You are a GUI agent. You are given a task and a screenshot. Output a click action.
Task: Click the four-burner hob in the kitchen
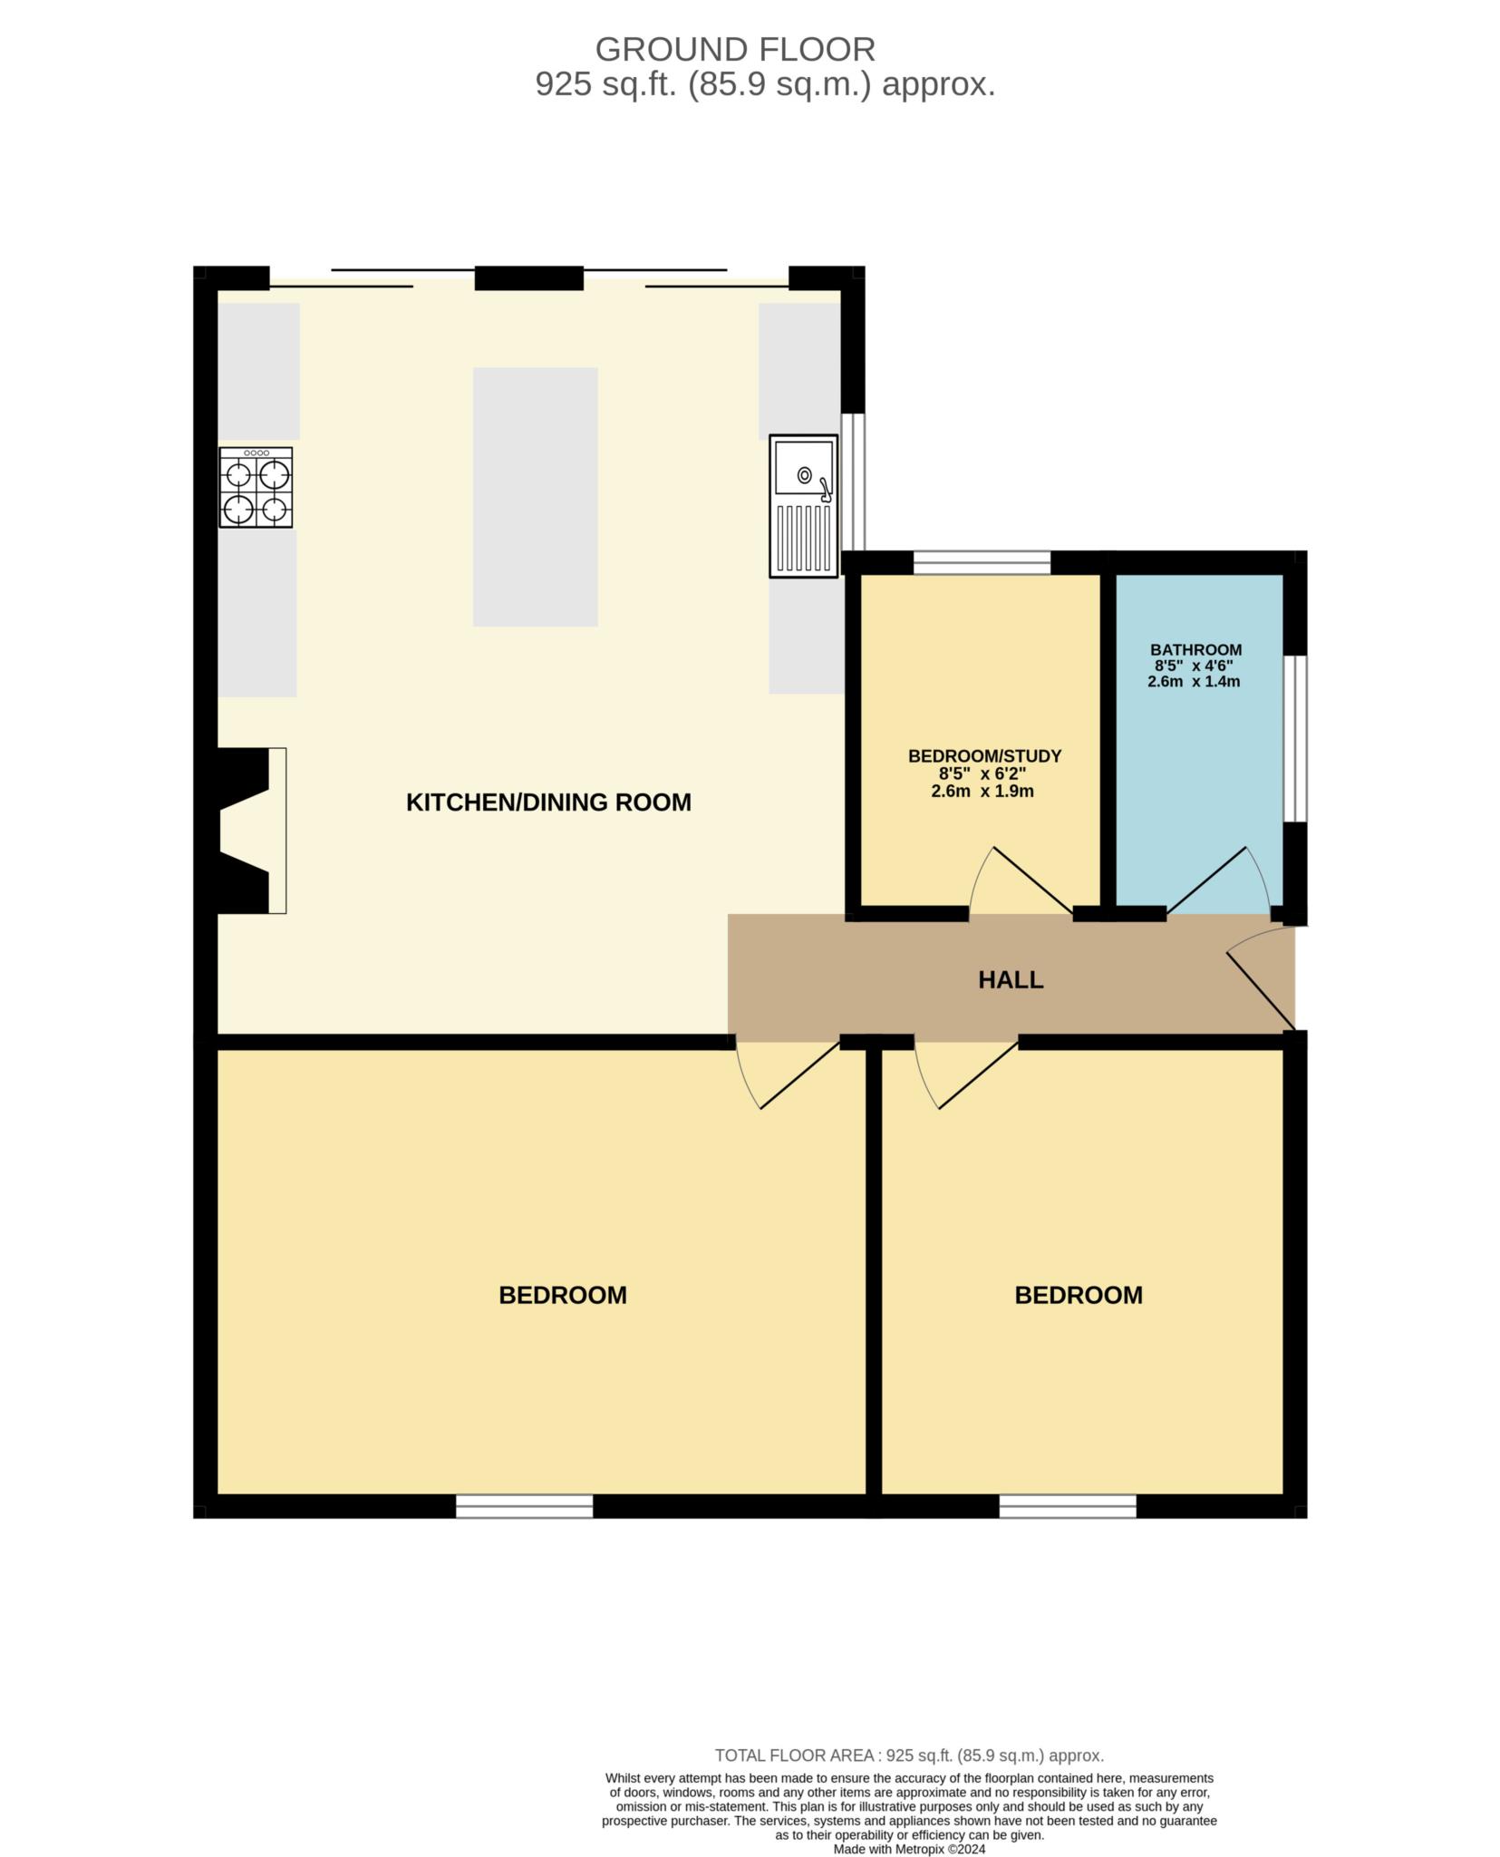256,487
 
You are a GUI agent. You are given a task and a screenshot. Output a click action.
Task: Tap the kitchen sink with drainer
803,505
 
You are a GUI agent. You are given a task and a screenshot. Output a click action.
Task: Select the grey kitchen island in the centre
535,496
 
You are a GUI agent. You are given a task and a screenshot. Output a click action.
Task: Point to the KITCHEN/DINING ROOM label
548,802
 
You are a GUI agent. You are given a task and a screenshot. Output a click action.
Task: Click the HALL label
1011,980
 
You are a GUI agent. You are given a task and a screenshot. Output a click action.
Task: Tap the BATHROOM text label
1195,649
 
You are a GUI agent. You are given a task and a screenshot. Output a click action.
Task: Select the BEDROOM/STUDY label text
984,756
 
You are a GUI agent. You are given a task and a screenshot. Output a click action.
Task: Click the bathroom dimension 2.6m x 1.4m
1194,682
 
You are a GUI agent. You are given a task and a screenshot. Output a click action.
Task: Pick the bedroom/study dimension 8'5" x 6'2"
982,774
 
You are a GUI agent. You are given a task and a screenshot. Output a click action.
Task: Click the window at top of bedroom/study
982,562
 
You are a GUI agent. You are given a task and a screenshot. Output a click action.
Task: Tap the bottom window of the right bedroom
1068,1506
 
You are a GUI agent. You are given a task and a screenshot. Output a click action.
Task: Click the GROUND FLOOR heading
734,48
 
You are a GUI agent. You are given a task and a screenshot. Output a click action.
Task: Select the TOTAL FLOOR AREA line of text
909,1755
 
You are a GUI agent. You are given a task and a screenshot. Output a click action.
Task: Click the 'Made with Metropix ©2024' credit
909,1849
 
